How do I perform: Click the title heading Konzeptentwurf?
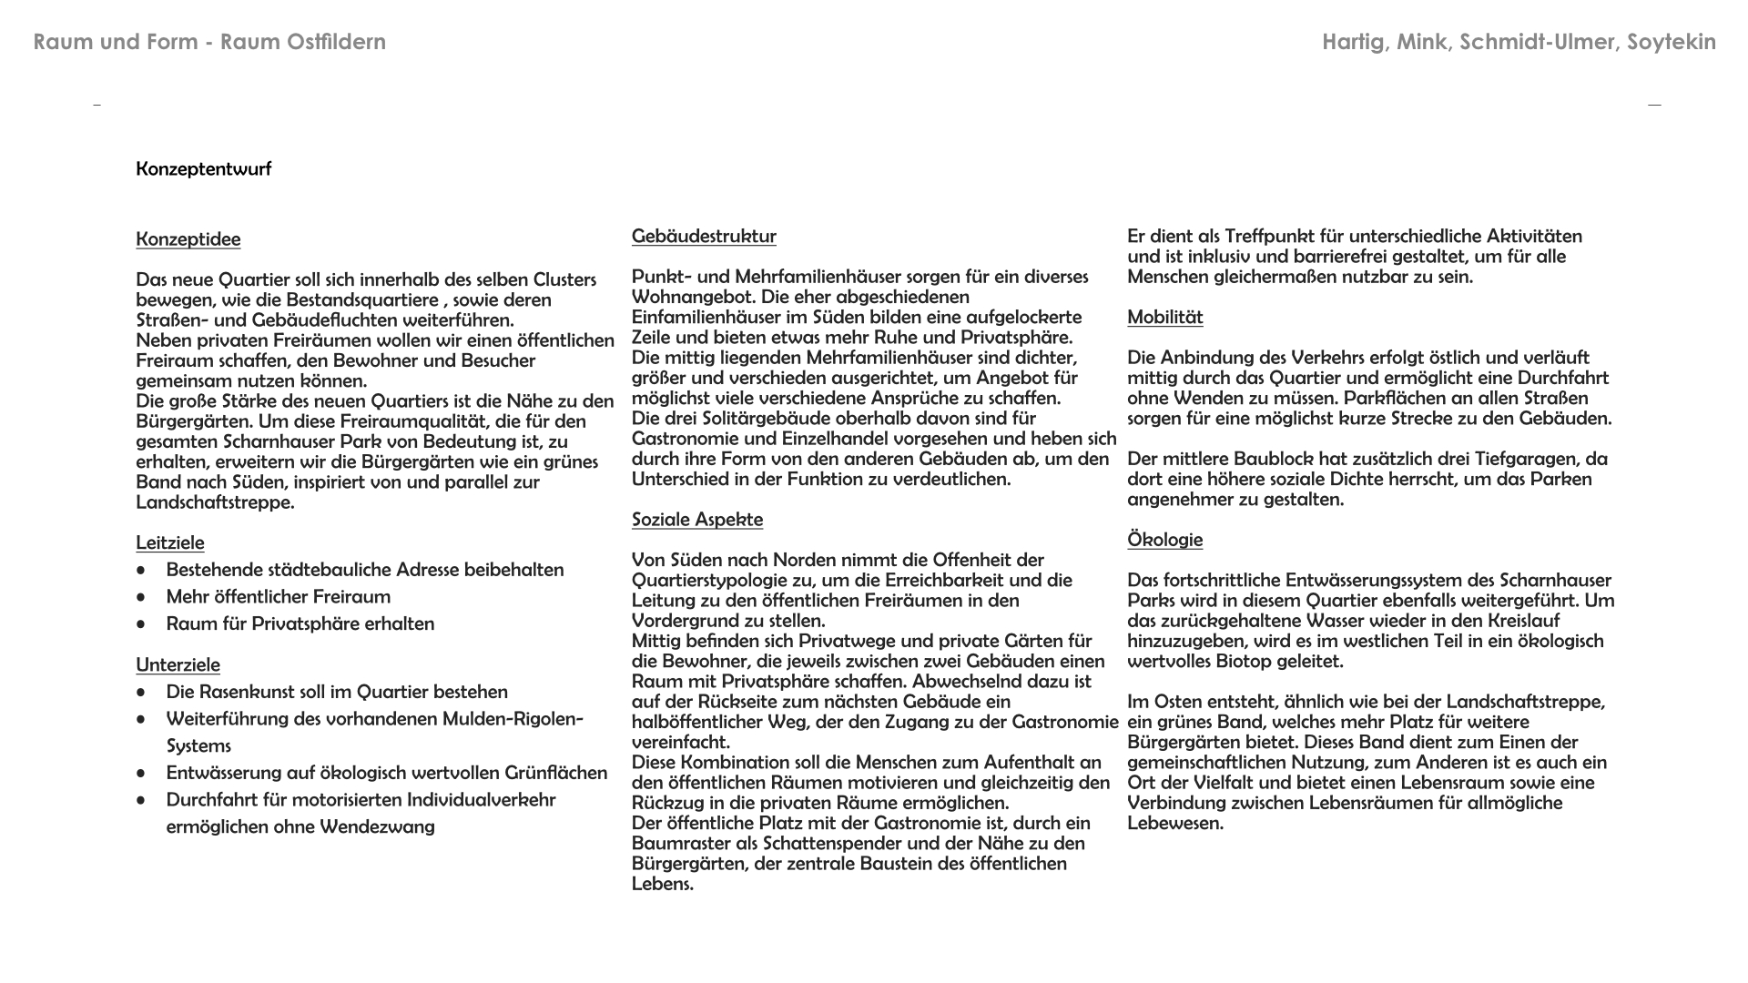(x=203, y=169)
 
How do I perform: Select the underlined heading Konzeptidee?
(x=188, y=239)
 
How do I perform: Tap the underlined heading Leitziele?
(x=170, y=542)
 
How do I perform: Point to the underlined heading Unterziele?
(x=178, y=664)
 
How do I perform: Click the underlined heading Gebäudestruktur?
(x=704, y=237)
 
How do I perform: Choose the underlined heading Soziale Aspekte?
(x=697, y=520)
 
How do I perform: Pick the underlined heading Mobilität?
(x=1165, y=318)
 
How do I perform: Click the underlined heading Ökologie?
(x=1165, y=540)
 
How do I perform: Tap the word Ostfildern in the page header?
(x=337, y=42)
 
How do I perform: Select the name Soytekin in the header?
(x=1672, y=42)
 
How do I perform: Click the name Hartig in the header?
(x=1355, y=42)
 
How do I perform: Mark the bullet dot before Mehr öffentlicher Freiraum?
(x=141, y=598)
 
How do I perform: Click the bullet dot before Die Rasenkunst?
(x=141, y=693)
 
